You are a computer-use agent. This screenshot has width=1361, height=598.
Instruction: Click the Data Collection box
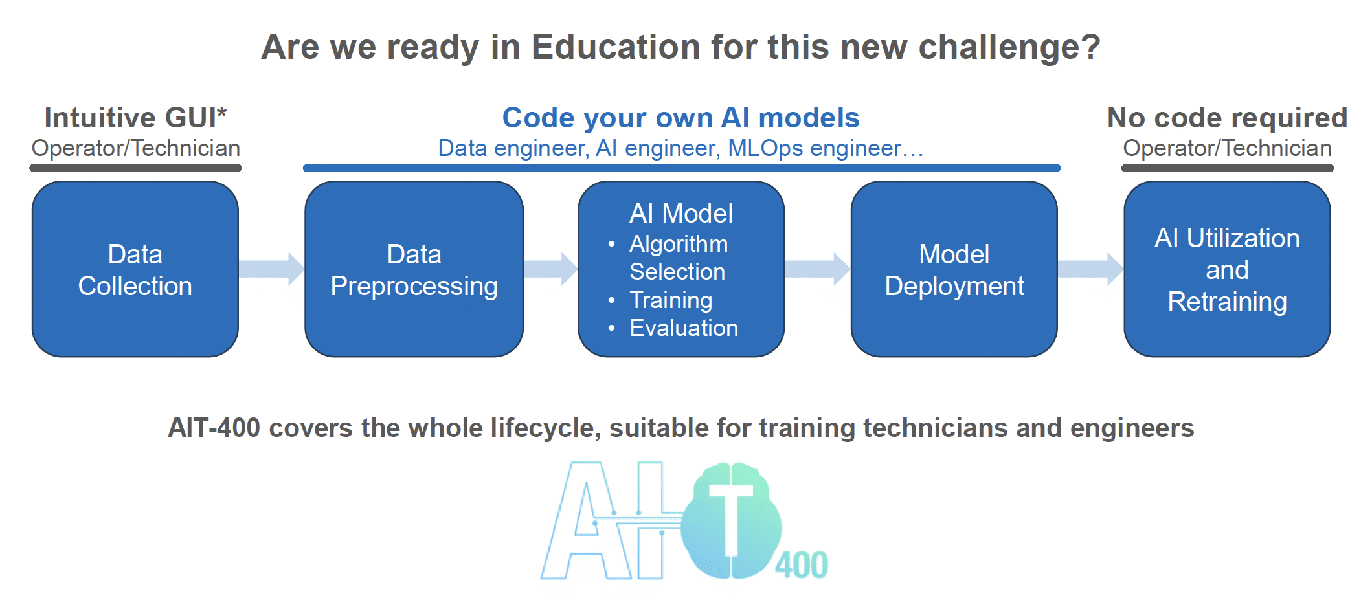tap(135, 269)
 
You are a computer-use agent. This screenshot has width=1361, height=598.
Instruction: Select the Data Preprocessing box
tap(414, 269)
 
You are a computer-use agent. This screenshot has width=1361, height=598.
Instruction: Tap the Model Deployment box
tap(954, 269)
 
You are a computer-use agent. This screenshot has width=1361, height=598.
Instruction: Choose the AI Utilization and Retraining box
tap(1227, 269)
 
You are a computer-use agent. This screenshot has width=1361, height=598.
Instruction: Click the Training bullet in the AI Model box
tap(671, 300)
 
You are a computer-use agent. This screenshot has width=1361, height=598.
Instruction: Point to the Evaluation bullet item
tap(684, 328)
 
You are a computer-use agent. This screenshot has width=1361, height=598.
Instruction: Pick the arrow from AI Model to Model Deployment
tap(818, 269)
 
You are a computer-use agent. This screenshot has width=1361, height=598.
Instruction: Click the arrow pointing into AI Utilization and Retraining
tap(1091, 269)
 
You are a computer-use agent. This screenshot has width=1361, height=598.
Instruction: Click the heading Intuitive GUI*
tap(136, 118)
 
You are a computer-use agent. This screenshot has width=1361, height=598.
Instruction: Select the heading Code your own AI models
tap(681, 118)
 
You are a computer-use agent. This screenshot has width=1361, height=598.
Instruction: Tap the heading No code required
tap(1228, 118)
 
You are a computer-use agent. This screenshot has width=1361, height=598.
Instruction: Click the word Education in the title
tap(616, 47)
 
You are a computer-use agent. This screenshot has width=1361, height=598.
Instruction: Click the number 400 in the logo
tap(802, 565)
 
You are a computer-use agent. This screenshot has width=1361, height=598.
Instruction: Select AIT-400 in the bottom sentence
tap(214, 428)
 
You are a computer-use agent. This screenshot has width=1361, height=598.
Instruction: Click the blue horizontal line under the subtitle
tap(682, 168)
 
